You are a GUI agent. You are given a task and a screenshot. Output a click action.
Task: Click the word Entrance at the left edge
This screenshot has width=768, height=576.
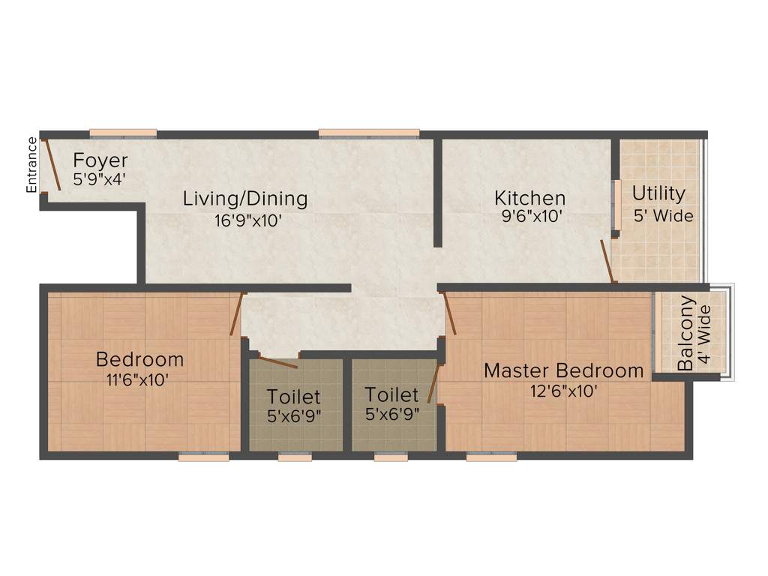pyautogui.click(x=31, y=165)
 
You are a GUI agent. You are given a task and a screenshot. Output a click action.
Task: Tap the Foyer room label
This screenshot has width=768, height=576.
pyautogui.click(x=100, y=161)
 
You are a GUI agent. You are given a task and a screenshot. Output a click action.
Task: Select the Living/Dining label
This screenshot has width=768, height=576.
pyautogui.click(x=245, y=199)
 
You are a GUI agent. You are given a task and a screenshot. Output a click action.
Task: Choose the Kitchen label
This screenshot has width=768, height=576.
pyautogui.click(x=529, y=199)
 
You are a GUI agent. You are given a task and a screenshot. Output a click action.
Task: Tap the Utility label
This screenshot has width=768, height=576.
pyautogui.click(x=658, y=193)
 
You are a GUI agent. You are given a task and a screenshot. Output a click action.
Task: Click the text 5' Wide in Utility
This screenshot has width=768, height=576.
pyautogui.click(x=663, y=216)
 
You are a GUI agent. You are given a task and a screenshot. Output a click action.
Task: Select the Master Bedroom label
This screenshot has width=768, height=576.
pyautogui.click(x=563, y=370)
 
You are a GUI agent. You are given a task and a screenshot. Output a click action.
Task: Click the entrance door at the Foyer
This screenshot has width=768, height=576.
pyautogui.click(x=52, y=164)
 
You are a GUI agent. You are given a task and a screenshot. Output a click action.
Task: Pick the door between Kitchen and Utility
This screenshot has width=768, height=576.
pyautogui.click(x=608, y=261)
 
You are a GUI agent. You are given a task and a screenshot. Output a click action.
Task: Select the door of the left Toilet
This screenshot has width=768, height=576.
pyautogui.click(x=277, y=361)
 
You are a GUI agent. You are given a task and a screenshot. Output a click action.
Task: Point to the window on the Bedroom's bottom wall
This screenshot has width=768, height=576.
pyautogui.click(x=203, y=457)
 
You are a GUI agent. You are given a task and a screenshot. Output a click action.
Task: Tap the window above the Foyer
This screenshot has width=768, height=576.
pyautogui.click(x=123, y=133)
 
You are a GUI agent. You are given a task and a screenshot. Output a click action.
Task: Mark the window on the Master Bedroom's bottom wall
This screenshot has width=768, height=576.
pyautogui.click(x=490, y=457)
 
